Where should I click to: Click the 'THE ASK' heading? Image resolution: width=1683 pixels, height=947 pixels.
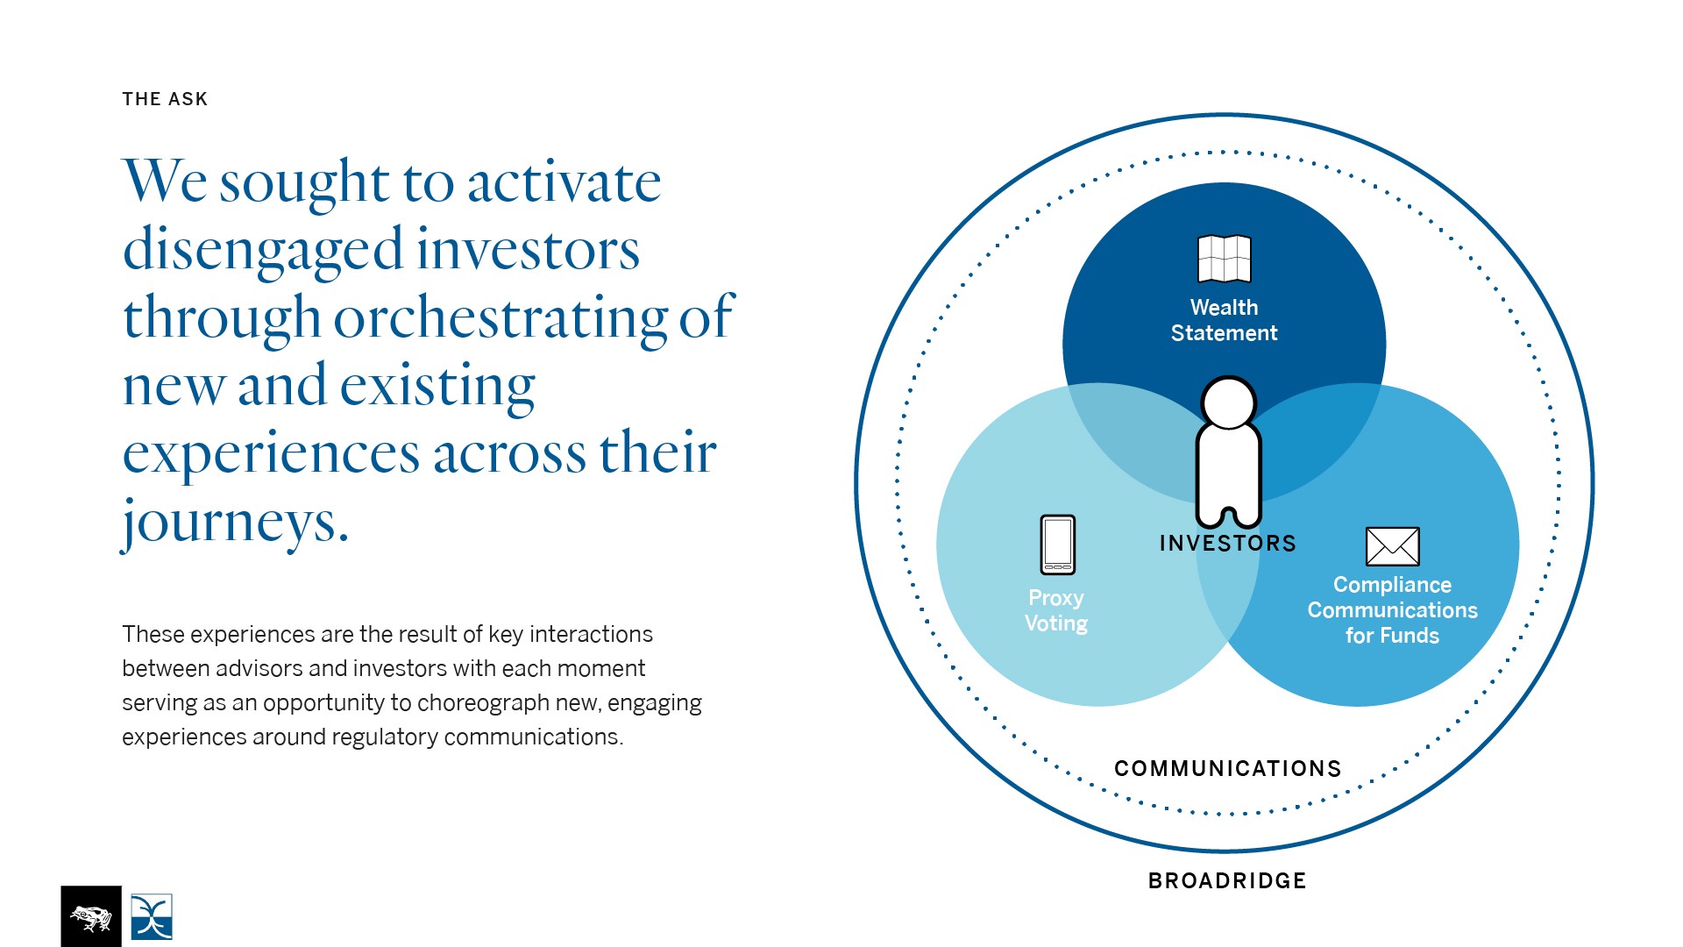[165, 99]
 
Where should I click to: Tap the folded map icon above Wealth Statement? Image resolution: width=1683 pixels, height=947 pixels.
[1225, 259]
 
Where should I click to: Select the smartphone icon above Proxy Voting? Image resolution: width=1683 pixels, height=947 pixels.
[1057, 545]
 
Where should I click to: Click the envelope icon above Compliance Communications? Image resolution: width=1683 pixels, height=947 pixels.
[1392, 546]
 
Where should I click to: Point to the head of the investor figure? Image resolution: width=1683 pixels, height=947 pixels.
[1229, 403]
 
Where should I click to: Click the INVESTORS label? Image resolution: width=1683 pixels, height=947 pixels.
[1227, 544]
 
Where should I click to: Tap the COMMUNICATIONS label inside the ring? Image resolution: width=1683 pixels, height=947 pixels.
[1227, 769]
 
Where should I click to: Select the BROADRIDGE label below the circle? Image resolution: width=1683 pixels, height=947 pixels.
[1227, 880]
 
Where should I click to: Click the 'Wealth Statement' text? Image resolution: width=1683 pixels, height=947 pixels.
[1225, 320]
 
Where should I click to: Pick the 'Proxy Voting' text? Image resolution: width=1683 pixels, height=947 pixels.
[1056, 610]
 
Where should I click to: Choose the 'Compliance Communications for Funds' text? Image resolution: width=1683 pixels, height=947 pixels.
[1392, 609]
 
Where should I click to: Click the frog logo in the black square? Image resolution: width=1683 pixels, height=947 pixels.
[91, 916]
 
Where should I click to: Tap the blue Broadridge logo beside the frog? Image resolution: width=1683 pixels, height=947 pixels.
[152, 916]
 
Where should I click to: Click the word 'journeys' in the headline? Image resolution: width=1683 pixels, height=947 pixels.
[235, 522]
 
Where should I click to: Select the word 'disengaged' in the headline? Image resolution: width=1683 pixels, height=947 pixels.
[262, 250]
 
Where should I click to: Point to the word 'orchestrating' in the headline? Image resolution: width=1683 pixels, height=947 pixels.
[501, 317]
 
